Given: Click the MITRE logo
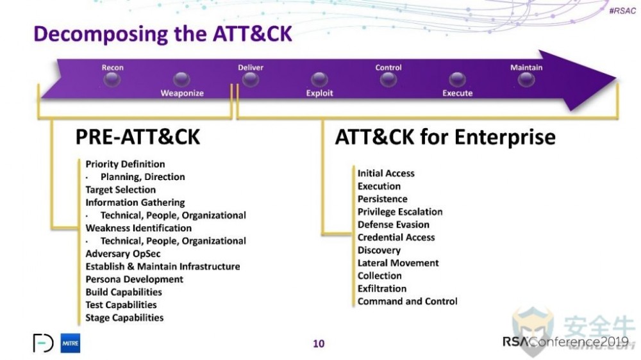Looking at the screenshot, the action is tap(71, 343).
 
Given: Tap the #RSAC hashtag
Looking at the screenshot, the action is tap(622, 11).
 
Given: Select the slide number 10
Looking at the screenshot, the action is tap(319, 343).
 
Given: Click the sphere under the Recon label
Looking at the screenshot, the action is tap(112, 79).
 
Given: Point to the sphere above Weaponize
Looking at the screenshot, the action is tap(181, 79).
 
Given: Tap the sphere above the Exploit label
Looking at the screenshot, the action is tap(319, 79).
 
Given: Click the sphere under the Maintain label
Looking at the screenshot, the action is tap(526, 79).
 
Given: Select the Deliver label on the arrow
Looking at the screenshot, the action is tap(251, 67).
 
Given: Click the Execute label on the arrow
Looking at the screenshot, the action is tap(458, 93).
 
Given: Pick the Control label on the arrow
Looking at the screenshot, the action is tap(388, 67).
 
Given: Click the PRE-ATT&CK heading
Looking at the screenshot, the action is tap(138, 137).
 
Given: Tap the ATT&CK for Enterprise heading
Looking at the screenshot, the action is tap(445, 137).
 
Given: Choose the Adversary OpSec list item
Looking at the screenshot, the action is tap(122, 254).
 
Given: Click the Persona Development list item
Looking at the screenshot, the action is tap(134, 279).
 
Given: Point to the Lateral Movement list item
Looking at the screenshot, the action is tap(398, 263).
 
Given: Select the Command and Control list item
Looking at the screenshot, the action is tap(407, 301).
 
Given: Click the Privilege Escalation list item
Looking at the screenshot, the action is tap(400, 211).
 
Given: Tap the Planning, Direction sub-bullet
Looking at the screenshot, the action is tap(143, 177).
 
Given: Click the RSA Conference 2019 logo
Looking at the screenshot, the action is tap(565, 341).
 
